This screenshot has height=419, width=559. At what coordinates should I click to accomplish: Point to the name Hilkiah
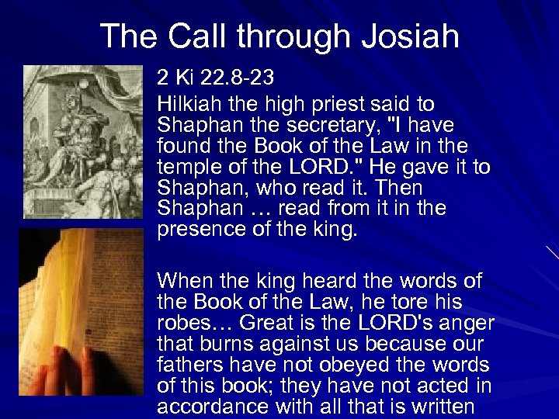click(x=186, y=104)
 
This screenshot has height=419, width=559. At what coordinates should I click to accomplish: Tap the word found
click(x=182, y=146)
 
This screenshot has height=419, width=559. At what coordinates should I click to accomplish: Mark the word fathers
click(x=186, y=365)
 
